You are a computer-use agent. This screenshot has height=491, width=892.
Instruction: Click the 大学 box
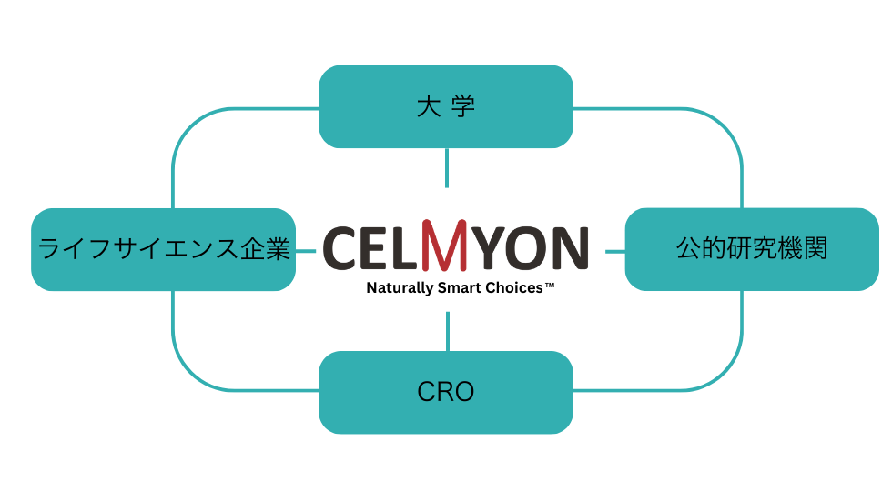pos(446,106)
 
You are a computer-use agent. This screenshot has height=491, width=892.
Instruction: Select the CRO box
pos(446,392)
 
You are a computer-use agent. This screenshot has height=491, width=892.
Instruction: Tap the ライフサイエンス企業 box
pos(163,249)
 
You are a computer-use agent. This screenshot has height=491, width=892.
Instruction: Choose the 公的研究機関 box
pos(752,249)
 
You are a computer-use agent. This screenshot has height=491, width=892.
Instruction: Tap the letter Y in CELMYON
pos(495,247)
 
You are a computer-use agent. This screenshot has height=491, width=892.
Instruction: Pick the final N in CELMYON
pos(567,247)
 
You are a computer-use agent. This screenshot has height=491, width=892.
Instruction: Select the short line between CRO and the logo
pos(447,331)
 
